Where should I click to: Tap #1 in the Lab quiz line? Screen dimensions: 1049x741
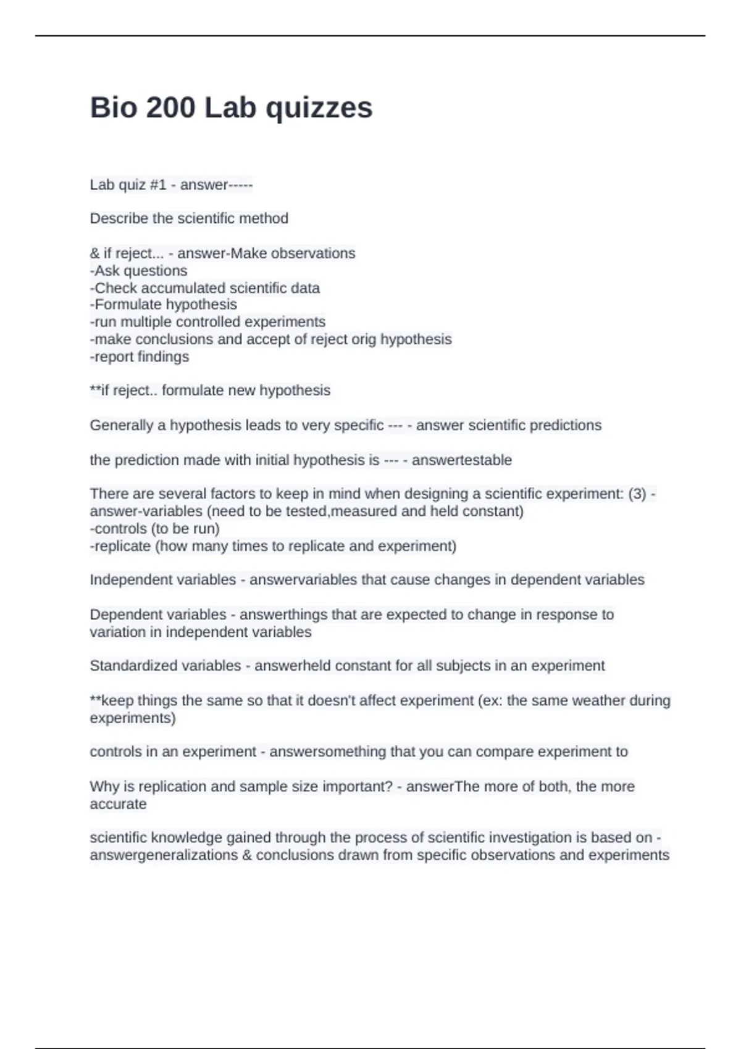coord(158,185)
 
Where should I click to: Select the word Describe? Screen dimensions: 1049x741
coord(117,218)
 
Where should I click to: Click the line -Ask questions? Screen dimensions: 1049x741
coord(139,271)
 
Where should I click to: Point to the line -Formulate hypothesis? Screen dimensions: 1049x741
coord(164,305)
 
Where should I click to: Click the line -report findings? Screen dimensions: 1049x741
coord(140,357)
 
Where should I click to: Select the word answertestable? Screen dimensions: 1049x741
coord(462,460)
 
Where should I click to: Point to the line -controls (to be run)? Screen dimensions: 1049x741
coord(155,529)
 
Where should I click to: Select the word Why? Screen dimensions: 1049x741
coord(103,787)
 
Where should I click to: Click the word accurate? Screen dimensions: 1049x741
coord(118,804)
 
